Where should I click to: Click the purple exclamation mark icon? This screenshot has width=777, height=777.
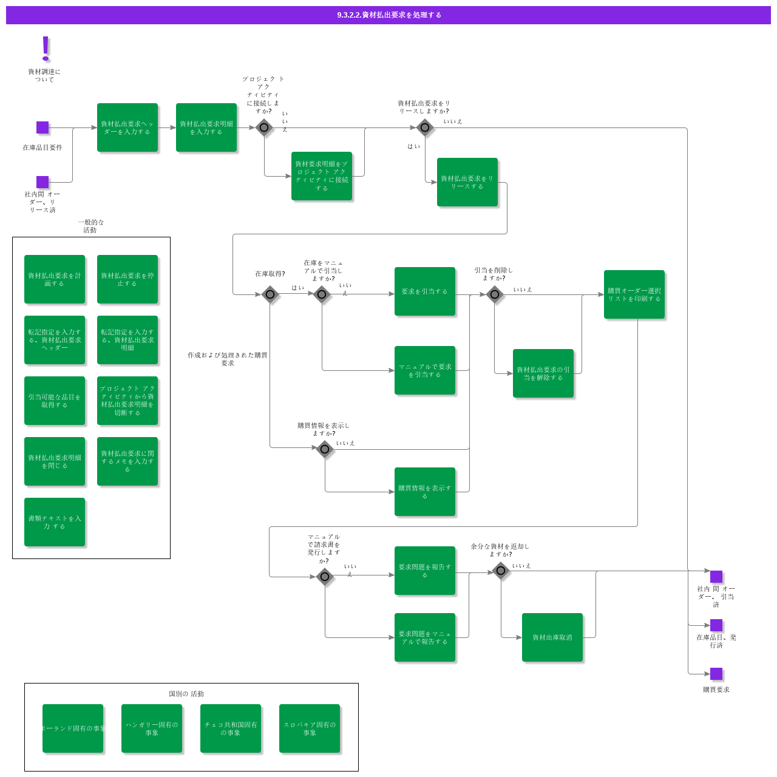[x=46, y=49]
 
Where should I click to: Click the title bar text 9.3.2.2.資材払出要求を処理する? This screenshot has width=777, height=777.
[x=388, y=15]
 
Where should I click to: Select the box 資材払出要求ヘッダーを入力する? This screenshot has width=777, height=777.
[x=127, y=127]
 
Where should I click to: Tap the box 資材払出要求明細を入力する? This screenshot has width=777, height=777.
[x=206, y=127]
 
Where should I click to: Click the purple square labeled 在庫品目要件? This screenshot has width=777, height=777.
[x=42, y=127]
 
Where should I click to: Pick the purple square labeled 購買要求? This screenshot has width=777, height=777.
[x=716, y=674]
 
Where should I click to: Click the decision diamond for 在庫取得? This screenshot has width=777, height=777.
[x=270, y=294]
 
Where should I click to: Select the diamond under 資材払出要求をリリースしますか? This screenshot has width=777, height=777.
[x=425, y=127]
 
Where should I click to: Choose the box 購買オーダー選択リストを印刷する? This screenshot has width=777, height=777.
[x=634, y=294]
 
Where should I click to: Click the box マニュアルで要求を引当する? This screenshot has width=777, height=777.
[x=425, y=370]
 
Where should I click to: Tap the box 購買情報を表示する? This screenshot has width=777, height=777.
[x=425, y=492]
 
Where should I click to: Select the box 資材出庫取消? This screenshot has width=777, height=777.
[x=552, y=637]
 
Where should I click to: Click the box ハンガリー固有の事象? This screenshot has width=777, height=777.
[x=152, y=728]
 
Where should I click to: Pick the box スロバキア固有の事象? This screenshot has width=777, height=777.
[x=310, y=728]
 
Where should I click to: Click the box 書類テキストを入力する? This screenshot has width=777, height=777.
[x=55, y=522]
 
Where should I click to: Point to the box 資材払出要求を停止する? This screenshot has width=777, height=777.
[x=127, y=279]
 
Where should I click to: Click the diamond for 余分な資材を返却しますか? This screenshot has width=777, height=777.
[x=501, y=571]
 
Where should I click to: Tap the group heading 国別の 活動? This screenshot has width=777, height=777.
[x=186, y=694]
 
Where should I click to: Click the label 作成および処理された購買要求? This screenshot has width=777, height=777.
[x=228, y=359]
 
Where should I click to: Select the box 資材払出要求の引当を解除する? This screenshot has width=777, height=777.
[x=543, y=373]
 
